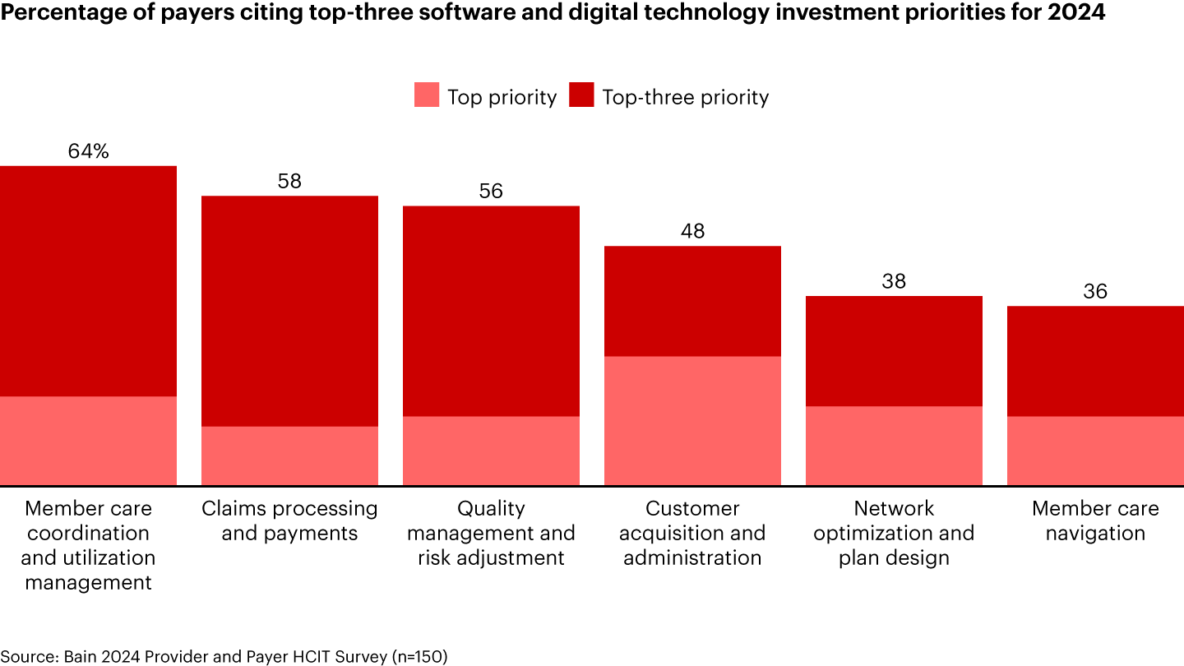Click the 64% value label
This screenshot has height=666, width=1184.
coord(89,151)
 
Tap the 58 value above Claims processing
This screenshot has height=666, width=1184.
coord(289,181)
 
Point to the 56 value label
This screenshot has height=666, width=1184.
coord(491,192)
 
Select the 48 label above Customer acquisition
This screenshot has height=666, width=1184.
coord(692,231)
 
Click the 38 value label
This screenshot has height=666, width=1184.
coord(894,281)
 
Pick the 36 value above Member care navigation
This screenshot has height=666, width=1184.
coord(1095,291)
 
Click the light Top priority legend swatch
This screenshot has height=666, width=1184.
coord(427,96)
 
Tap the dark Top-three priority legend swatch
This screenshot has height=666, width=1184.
coord(581,96)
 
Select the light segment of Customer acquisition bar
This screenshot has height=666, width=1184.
coord(692,420)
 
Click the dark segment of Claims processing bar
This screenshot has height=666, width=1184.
coord(289,311)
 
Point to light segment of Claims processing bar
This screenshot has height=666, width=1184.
coord(289,456)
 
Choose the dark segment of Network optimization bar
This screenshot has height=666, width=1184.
coord(894,351)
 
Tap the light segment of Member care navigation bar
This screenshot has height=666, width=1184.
coord(1095,451)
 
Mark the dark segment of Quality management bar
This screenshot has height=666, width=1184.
coord(491,311)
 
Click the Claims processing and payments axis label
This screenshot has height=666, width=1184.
coord(289,520)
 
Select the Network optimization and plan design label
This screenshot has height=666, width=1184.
coord(894,533)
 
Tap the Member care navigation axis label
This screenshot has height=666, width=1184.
coord(1095,520)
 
